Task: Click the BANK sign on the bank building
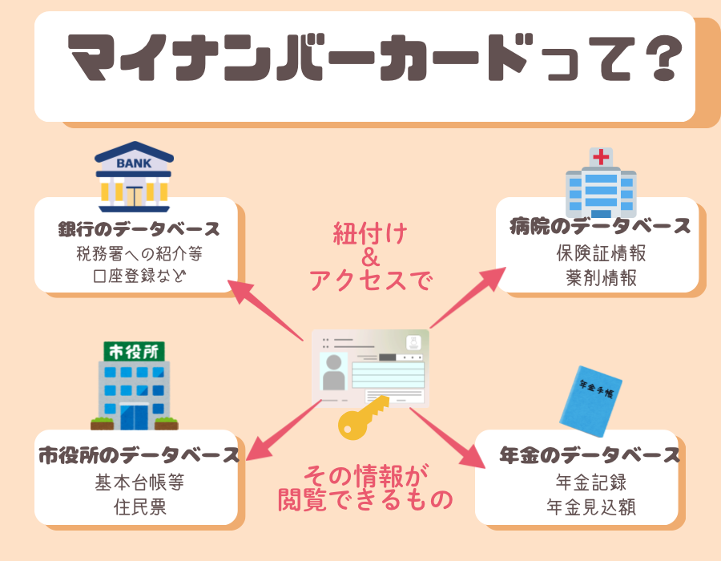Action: (133, 164)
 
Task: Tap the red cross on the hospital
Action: (601, 156)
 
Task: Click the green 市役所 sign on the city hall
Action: (134, 350)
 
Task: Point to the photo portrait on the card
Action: (334, 372)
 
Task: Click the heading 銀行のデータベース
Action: (139, 229)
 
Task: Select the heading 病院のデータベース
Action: (600, 226)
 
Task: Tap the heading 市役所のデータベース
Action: (139, 456)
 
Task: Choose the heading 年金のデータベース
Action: (589, 456)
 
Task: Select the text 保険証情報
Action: (601, 253)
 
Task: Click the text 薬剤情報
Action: (601, 278)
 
